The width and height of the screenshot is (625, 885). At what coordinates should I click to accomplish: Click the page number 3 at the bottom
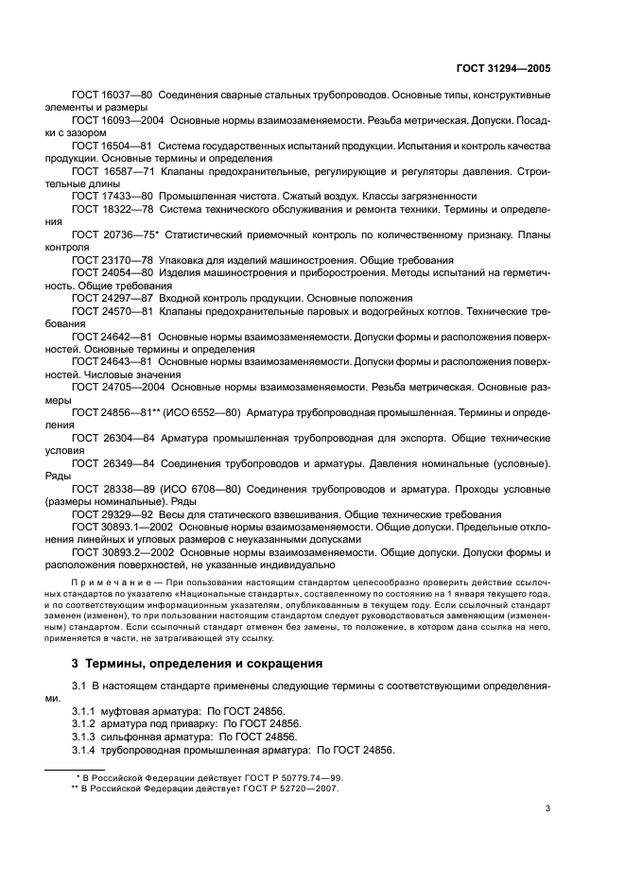(x=547, y=808)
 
